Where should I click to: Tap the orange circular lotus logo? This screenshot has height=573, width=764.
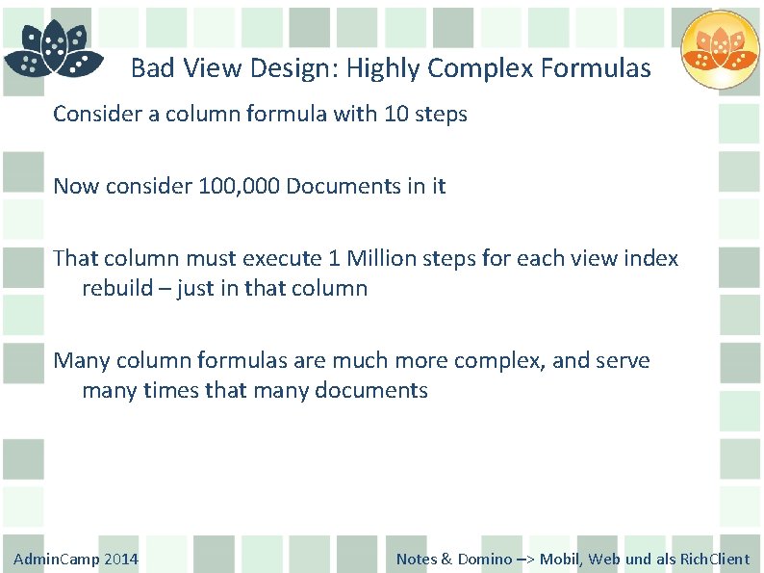[x=720, y=50]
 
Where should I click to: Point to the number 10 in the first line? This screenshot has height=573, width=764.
[x=396, y=114]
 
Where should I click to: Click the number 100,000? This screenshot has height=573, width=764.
[x=238, y=186]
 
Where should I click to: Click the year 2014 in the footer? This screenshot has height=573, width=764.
[x=120, y=559]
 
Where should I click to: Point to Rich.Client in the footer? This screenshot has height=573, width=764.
[x=715, y=559]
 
